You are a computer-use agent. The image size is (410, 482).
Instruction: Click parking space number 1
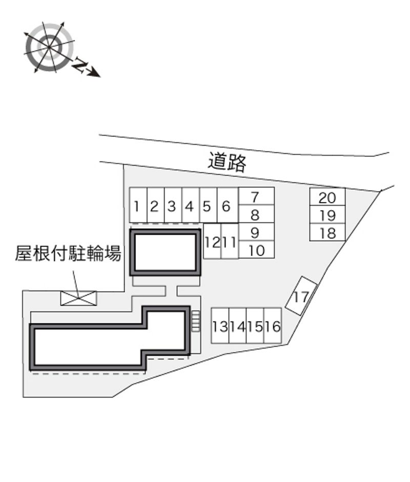pyautogui.click(x=138, y=205)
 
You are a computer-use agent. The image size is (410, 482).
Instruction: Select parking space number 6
pyautogui.click(x=228, y=205)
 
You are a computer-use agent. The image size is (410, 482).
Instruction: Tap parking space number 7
pyautogui.click(x=256, y=196)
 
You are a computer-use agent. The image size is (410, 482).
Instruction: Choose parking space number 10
pyautogui.click(x=256, y=250)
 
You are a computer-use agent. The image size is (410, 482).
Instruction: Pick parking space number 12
pyautogui.click(x=212, y=241)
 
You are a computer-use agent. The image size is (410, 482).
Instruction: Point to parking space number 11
pyautogui.click(x=230, y=241)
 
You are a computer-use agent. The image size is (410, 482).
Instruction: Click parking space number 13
pyautogui.click(x=220, y=326)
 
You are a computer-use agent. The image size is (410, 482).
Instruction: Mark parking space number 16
pyautogui.click(x=273, y=326)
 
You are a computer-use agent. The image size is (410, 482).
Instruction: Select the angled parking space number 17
pyautogui.click(x=301, y=296)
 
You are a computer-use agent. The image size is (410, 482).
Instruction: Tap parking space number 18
pyautogui.click(x=327, y=232)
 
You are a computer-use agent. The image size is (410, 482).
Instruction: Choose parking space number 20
pyautogui.click(x=327, y=197)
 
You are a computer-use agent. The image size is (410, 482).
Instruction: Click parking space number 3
pyautogui.click(x=173, y=205)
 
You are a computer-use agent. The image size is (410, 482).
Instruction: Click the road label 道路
pyautogui.click(x=227, y=162)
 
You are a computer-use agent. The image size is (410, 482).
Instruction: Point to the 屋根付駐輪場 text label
pyautogui.click(x=68, y=253)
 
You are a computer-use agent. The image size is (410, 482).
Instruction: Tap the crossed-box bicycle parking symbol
pyautogui.click(x=78, y=298)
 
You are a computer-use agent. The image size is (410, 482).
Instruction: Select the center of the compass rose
pyautogui.click(x=49, y=47)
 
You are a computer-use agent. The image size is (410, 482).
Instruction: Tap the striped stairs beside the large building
pyautogui.click(x=196, y=321)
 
